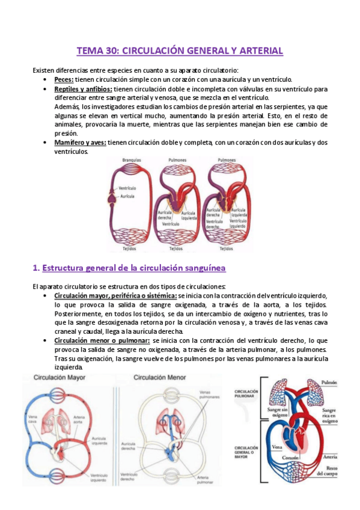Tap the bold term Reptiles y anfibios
pyautogui.click(x=82, y=89)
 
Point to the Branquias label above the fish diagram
pyautogui.click(x=132, y=161)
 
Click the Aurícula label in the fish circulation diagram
pyautogui.click(x=127, y=196)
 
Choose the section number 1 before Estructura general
pyautogui.click(x=35, y=266)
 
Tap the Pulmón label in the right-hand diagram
pyautogui.click(x=329, y=382)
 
